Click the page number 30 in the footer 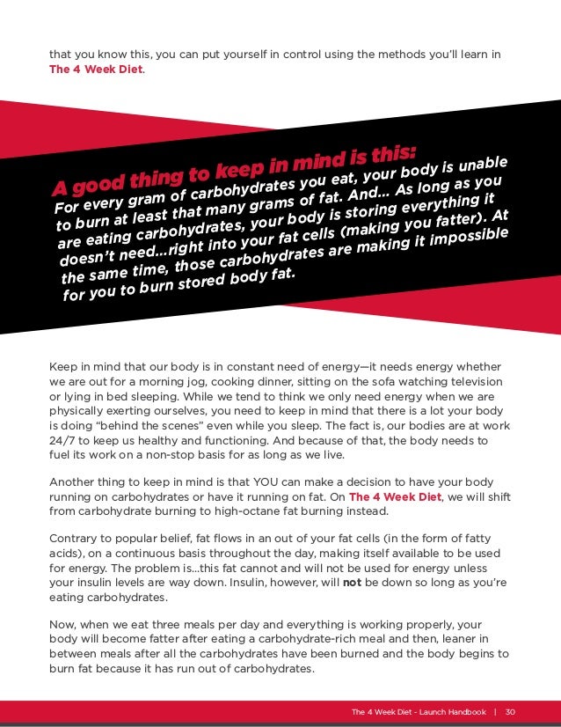pos(510,711)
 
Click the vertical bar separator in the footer pos(494,711)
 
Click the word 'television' pos(471,381)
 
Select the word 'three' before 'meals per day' pos(169,623)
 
